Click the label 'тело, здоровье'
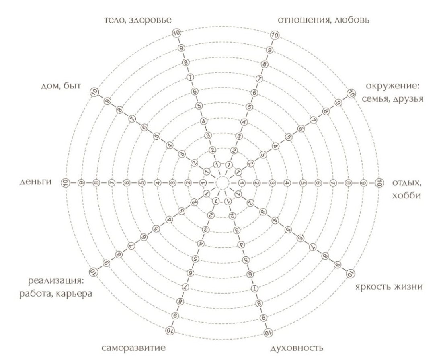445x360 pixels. pyautogui.click(x=138, y=20)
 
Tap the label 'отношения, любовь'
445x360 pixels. pyautogui.click(x=324, y=20)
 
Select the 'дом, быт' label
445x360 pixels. pyautogui.click(x=61, y=86)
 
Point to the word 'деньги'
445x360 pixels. pyautogui.click(x=36, y=182)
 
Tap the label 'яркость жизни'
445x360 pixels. pyautogui.click(x=389, y=287)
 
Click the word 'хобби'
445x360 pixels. pyautogui.click(x=406, y=195)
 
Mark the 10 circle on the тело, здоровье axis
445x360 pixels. pyautogui.click(x=176, y=33)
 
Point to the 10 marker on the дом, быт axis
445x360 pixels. pyautogui.click(x=94, y=92)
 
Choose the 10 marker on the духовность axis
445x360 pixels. pyautogui.click(x=267, y=331)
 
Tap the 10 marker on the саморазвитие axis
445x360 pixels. pyautogui.click(x=170, y=330)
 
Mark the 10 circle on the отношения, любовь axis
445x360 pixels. pyautogui.click(x=275, y=35)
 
